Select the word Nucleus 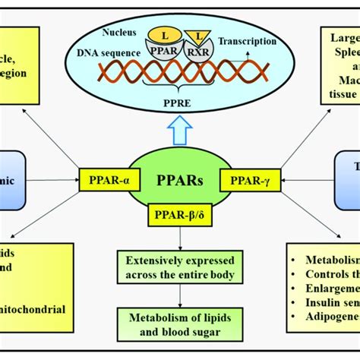click(x=119, y=32)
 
